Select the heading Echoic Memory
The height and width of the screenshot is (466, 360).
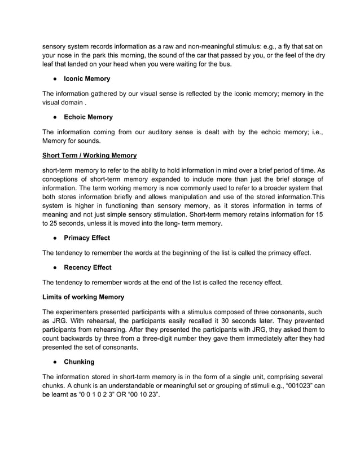[88, 117]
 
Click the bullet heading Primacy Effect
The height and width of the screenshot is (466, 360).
[87, 238]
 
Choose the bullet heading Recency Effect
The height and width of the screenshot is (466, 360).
[87, 267]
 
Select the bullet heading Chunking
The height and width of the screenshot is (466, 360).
[79, 361]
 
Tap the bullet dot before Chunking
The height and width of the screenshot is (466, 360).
[54, 361]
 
